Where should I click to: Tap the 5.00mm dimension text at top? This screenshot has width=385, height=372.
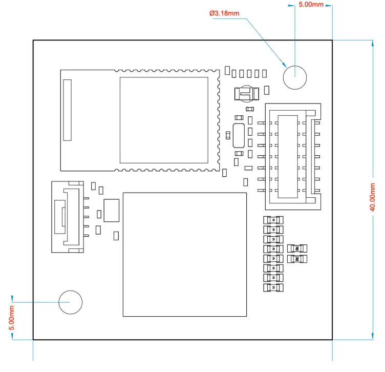311,4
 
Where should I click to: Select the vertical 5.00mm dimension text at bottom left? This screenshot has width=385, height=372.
12,318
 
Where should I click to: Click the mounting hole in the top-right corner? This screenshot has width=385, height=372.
294,77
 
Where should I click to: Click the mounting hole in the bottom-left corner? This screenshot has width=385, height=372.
70,302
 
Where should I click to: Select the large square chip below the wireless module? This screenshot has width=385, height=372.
184,255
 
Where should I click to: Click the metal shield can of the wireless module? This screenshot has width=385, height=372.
164,119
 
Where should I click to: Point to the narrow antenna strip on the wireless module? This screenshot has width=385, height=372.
67,110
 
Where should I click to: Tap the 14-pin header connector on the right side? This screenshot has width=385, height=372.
294,156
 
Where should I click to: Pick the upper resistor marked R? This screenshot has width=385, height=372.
297,249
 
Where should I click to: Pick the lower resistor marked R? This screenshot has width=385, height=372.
297,259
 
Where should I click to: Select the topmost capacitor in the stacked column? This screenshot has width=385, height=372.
273,220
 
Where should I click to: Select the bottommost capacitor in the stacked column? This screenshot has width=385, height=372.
273,288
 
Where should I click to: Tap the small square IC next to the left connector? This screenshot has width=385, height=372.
111,211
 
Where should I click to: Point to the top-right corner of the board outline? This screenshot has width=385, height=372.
332,40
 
